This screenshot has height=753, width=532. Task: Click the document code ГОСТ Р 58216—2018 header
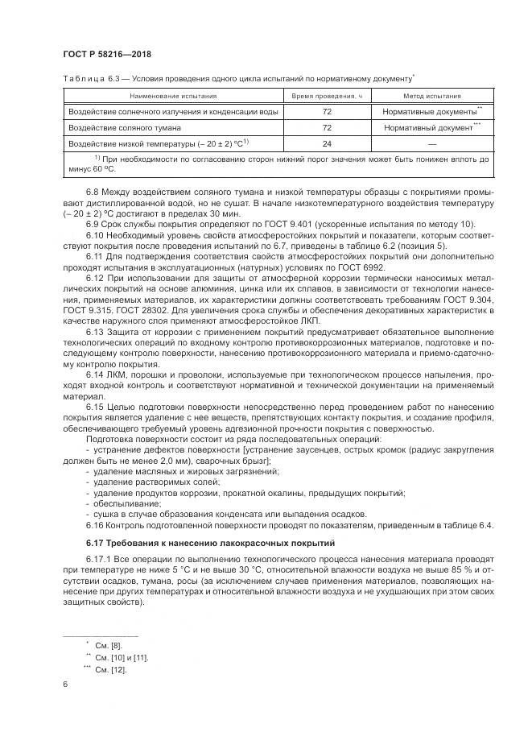click(x=107, y=55)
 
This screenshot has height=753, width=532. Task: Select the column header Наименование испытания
click(x=171, y=96)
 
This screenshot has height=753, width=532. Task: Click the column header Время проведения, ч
click(x=328, y=96)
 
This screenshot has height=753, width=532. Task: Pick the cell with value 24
click(x=328, y=143)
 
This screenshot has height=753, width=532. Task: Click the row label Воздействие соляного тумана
click(x=125, y=127)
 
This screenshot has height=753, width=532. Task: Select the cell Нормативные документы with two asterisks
click(x=431, y=111)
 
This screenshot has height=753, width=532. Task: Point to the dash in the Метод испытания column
click(x=432, y=143)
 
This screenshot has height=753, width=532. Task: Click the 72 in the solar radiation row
click(x=328, y=111)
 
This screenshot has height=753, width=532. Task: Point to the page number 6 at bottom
click(x=64, y=685)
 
